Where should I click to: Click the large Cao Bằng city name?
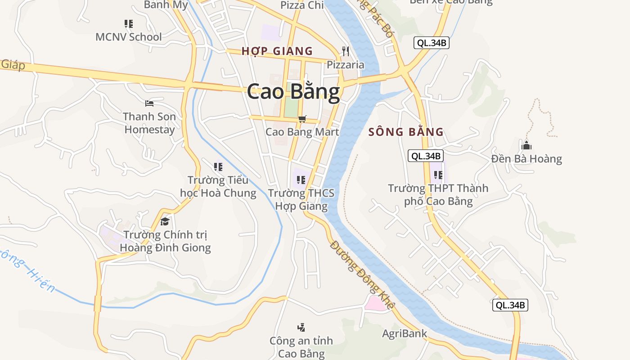293,91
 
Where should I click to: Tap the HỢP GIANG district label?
277,51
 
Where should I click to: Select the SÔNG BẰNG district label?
406,132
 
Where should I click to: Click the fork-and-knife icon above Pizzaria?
346,51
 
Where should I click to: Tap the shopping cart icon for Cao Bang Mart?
302,119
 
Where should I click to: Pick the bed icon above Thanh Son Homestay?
149,103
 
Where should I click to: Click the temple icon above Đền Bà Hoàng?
526,145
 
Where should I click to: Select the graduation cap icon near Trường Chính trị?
165,221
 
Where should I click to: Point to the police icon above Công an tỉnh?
301,327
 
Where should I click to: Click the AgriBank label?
405,334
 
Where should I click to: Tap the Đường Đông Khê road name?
362,274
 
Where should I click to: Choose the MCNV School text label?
129,37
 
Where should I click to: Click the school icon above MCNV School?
129,23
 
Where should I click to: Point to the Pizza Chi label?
302,5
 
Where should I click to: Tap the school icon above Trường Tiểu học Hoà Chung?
218,167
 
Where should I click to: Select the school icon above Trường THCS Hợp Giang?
301,180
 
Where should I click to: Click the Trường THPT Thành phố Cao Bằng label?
438,194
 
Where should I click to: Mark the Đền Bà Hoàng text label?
526,159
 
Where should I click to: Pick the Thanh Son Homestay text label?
149,123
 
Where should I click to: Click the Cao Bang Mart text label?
302,132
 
